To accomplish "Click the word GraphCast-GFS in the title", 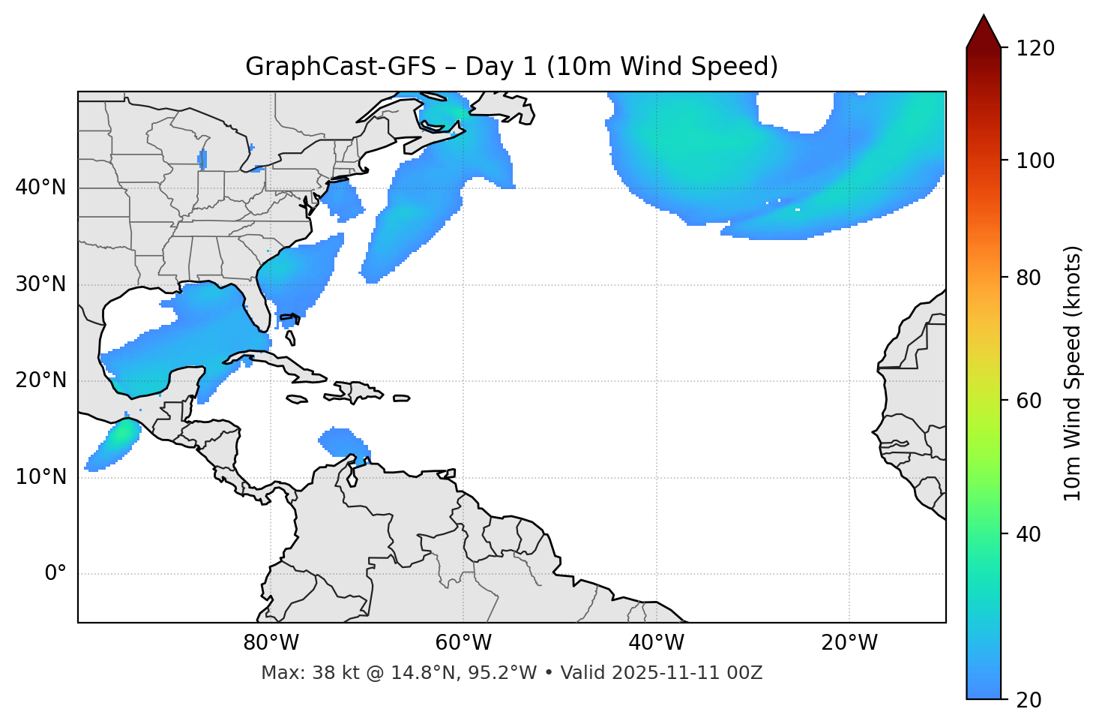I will click(340, 67).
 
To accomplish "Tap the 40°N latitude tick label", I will click(40, 188).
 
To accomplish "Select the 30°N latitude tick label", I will click(40, 284).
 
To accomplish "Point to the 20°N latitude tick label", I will click(40, 380).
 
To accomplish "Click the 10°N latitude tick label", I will click(40, 477).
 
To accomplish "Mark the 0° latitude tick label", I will click(55, 574).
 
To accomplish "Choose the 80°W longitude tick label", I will click(271, 643).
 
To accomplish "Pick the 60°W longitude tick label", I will click(463, 643).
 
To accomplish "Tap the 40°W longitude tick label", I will click(656, 643).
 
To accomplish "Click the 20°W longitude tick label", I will click(849, 643).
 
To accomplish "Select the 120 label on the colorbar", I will click(1035, 48).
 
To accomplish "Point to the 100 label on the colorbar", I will click(1035, 161).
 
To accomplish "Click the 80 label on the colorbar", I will click(1029, 278).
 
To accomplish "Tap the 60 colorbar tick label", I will click(1029, 401).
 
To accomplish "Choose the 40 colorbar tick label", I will click(1029, 534).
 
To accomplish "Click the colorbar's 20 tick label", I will click(1029, 700).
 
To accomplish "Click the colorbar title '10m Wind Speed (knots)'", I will click(1073, 374).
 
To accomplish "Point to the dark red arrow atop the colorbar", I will click(984, 32).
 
